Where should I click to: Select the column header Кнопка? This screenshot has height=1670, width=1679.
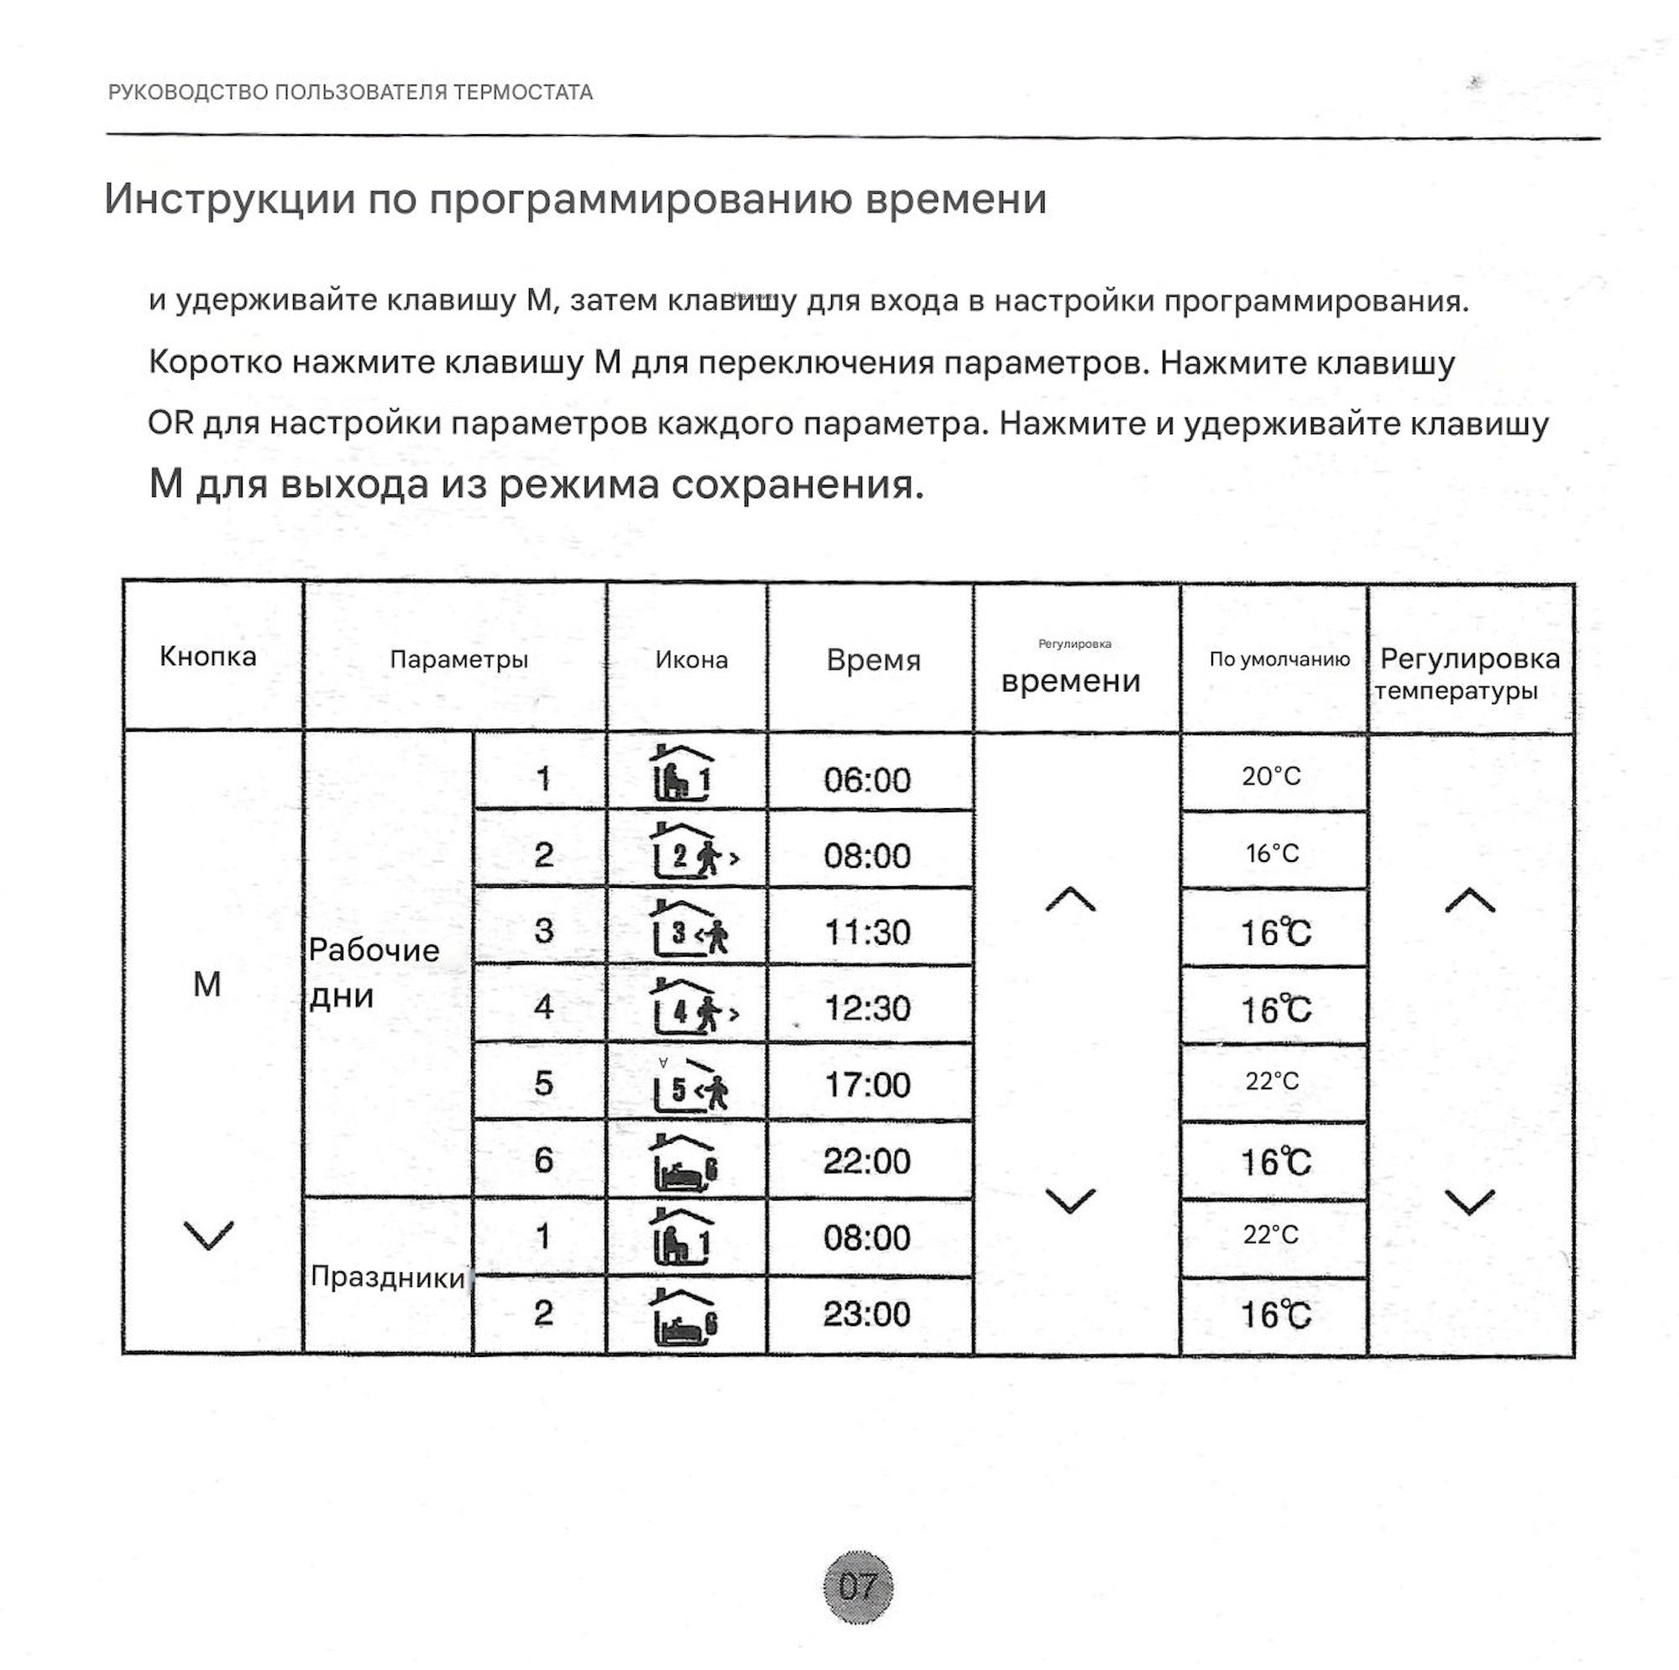click(207, 656)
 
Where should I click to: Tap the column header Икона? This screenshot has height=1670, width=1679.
click(691, 660)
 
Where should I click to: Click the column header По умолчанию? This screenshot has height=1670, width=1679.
click(1279, 659)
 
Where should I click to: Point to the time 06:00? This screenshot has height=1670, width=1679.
click(867, 780)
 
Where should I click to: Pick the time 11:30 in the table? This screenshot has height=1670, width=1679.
click(867, 932)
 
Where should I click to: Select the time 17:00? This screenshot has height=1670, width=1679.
click(867, 1084)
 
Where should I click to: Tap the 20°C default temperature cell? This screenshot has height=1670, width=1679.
click(1271, 775)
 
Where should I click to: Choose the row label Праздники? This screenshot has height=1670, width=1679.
click(388, 1276)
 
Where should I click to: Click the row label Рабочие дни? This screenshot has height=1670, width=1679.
click(374, 973)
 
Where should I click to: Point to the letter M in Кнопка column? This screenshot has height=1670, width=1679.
click(207, 984)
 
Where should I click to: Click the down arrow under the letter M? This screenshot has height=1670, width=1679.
click(208, 1234)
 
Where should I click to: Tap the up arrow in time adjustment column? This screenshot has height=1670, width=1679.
click(1070, 900)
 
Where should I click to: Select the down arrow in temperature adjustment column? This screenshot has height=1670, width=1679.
click(1470, 1202)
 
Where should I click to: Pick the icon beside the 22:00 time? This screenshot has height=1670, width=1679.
click(685, 1161)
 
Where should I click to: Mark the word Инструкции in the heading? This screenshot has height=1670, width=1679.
click(229, 199)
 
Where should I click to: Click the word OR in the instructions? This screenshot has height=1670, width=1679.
click(170, 423)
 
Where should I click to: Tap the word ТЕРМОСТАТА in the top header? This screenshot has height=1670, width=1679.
click(522, 92)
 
